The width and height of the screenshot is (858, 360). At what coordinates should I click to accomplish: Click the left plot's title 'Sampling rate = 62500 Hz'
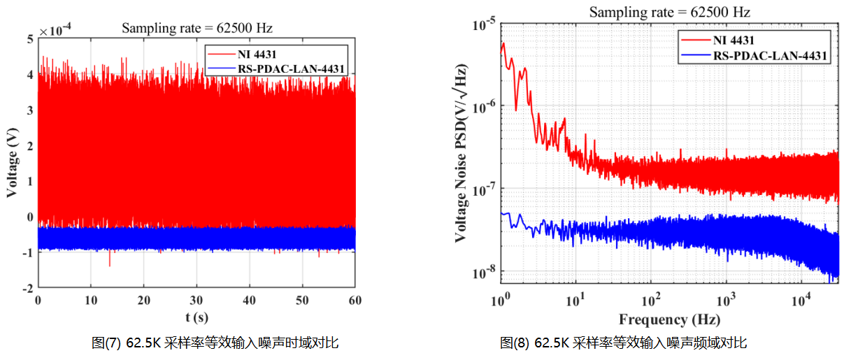pos(197,29)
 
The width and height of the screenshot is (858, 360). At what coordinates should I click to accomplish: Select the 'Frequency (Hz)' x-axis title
pos(669,319)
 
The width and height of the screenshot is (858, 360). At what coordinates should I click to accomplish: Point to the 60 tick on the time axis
pos(355,299)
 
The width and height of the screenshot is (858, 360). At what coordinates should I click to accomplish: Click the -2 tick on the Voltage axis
pos(29,288)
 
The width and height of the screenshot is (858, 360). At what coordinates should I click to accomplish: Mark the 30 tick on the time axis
pos(196,299)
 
